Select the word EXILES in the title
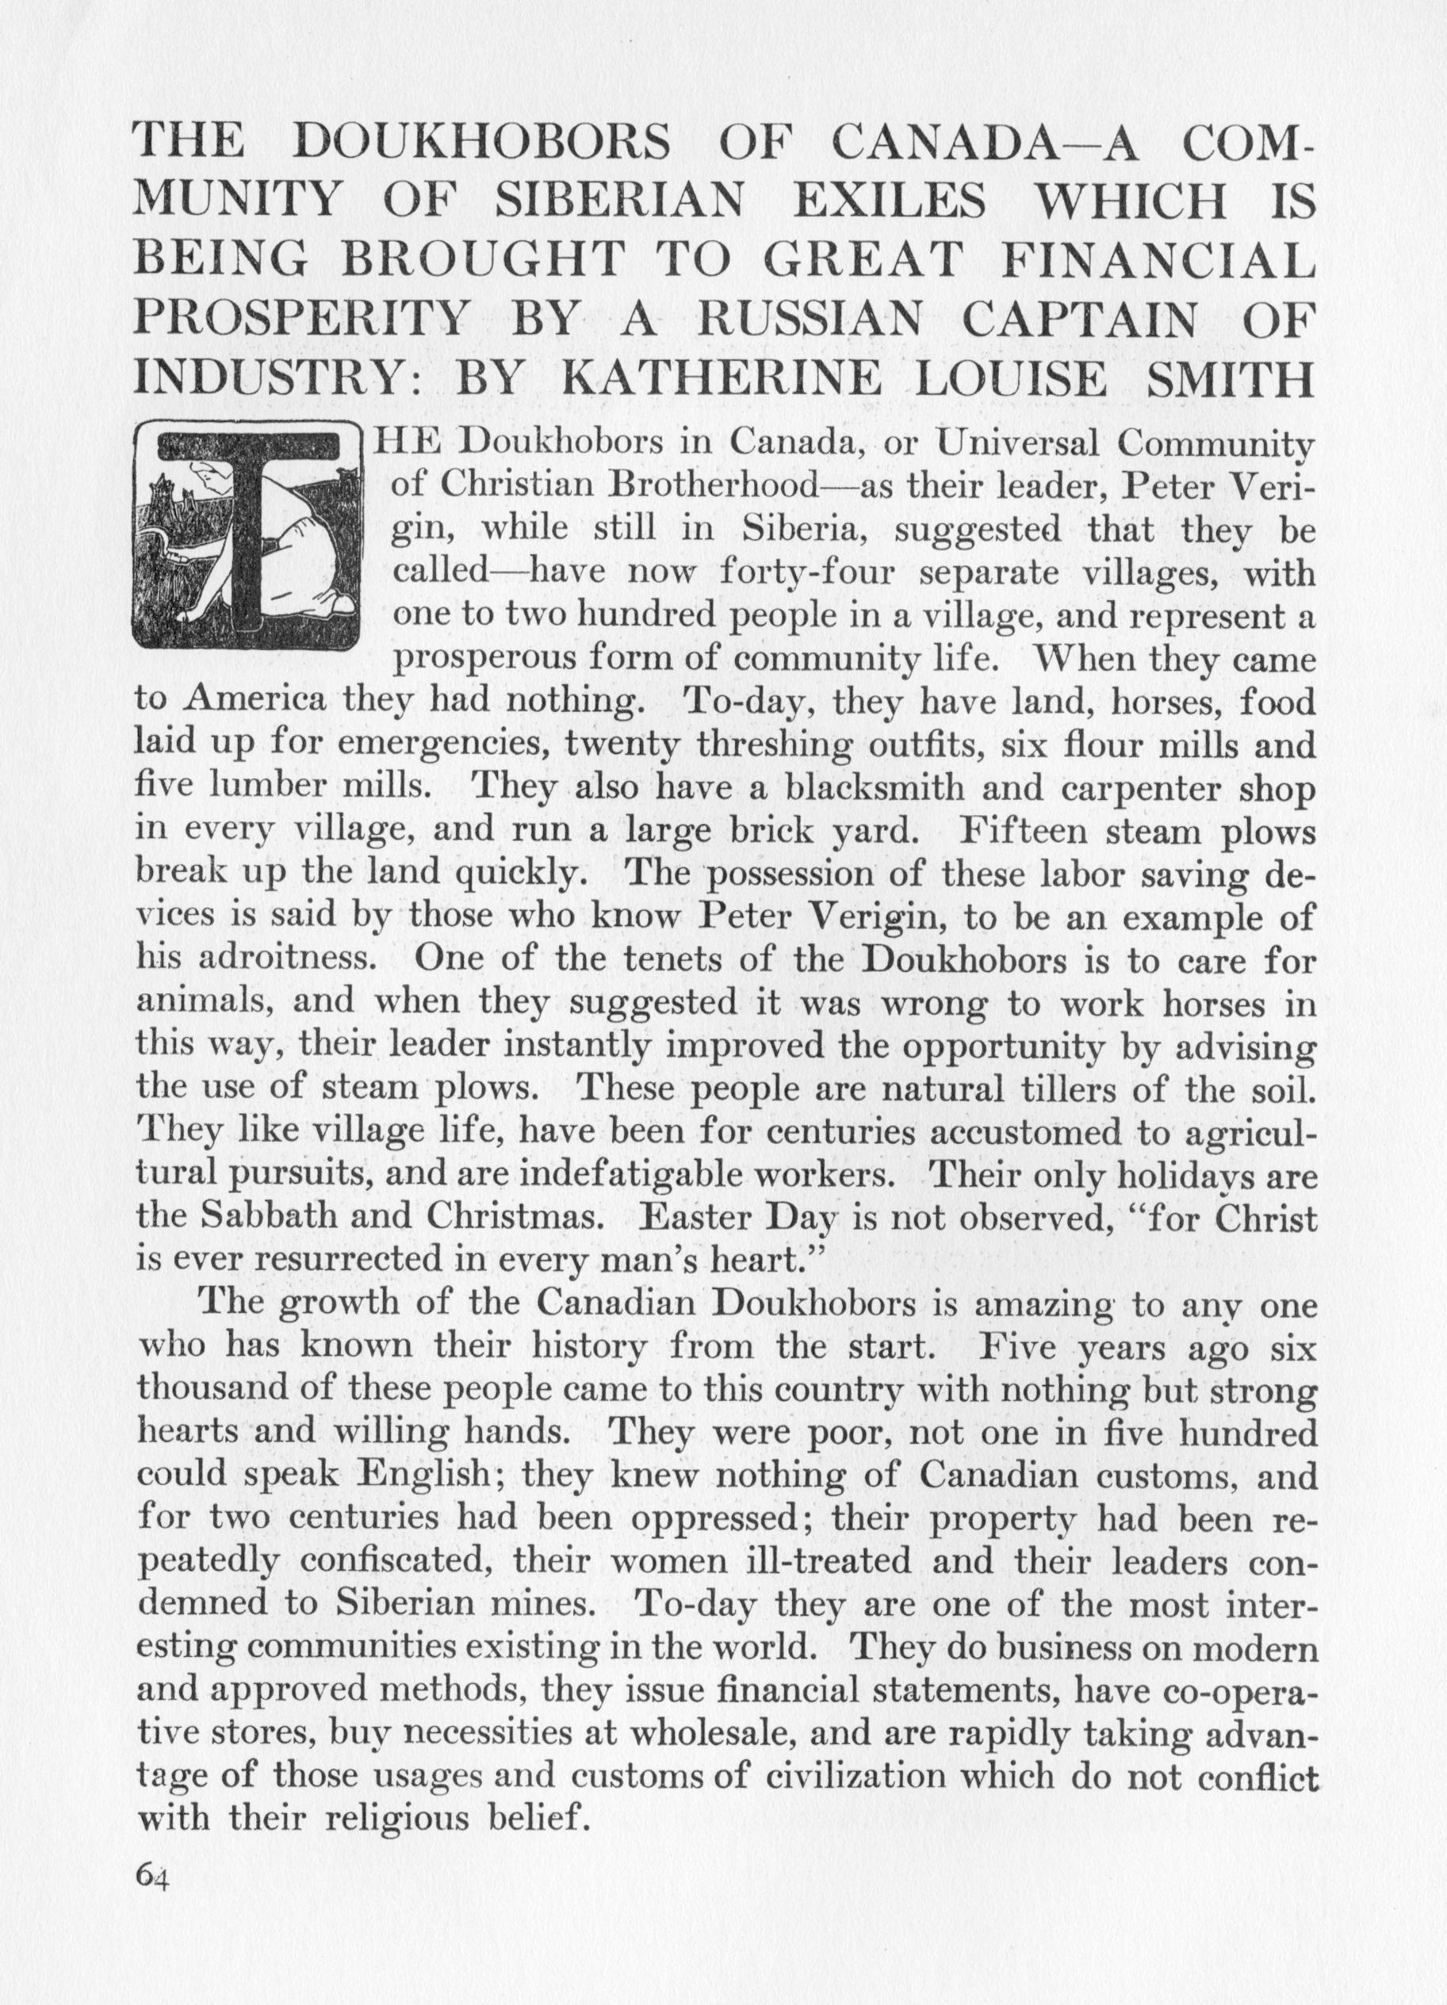click(887, 201)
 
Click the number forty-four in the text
click(807, 576)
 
